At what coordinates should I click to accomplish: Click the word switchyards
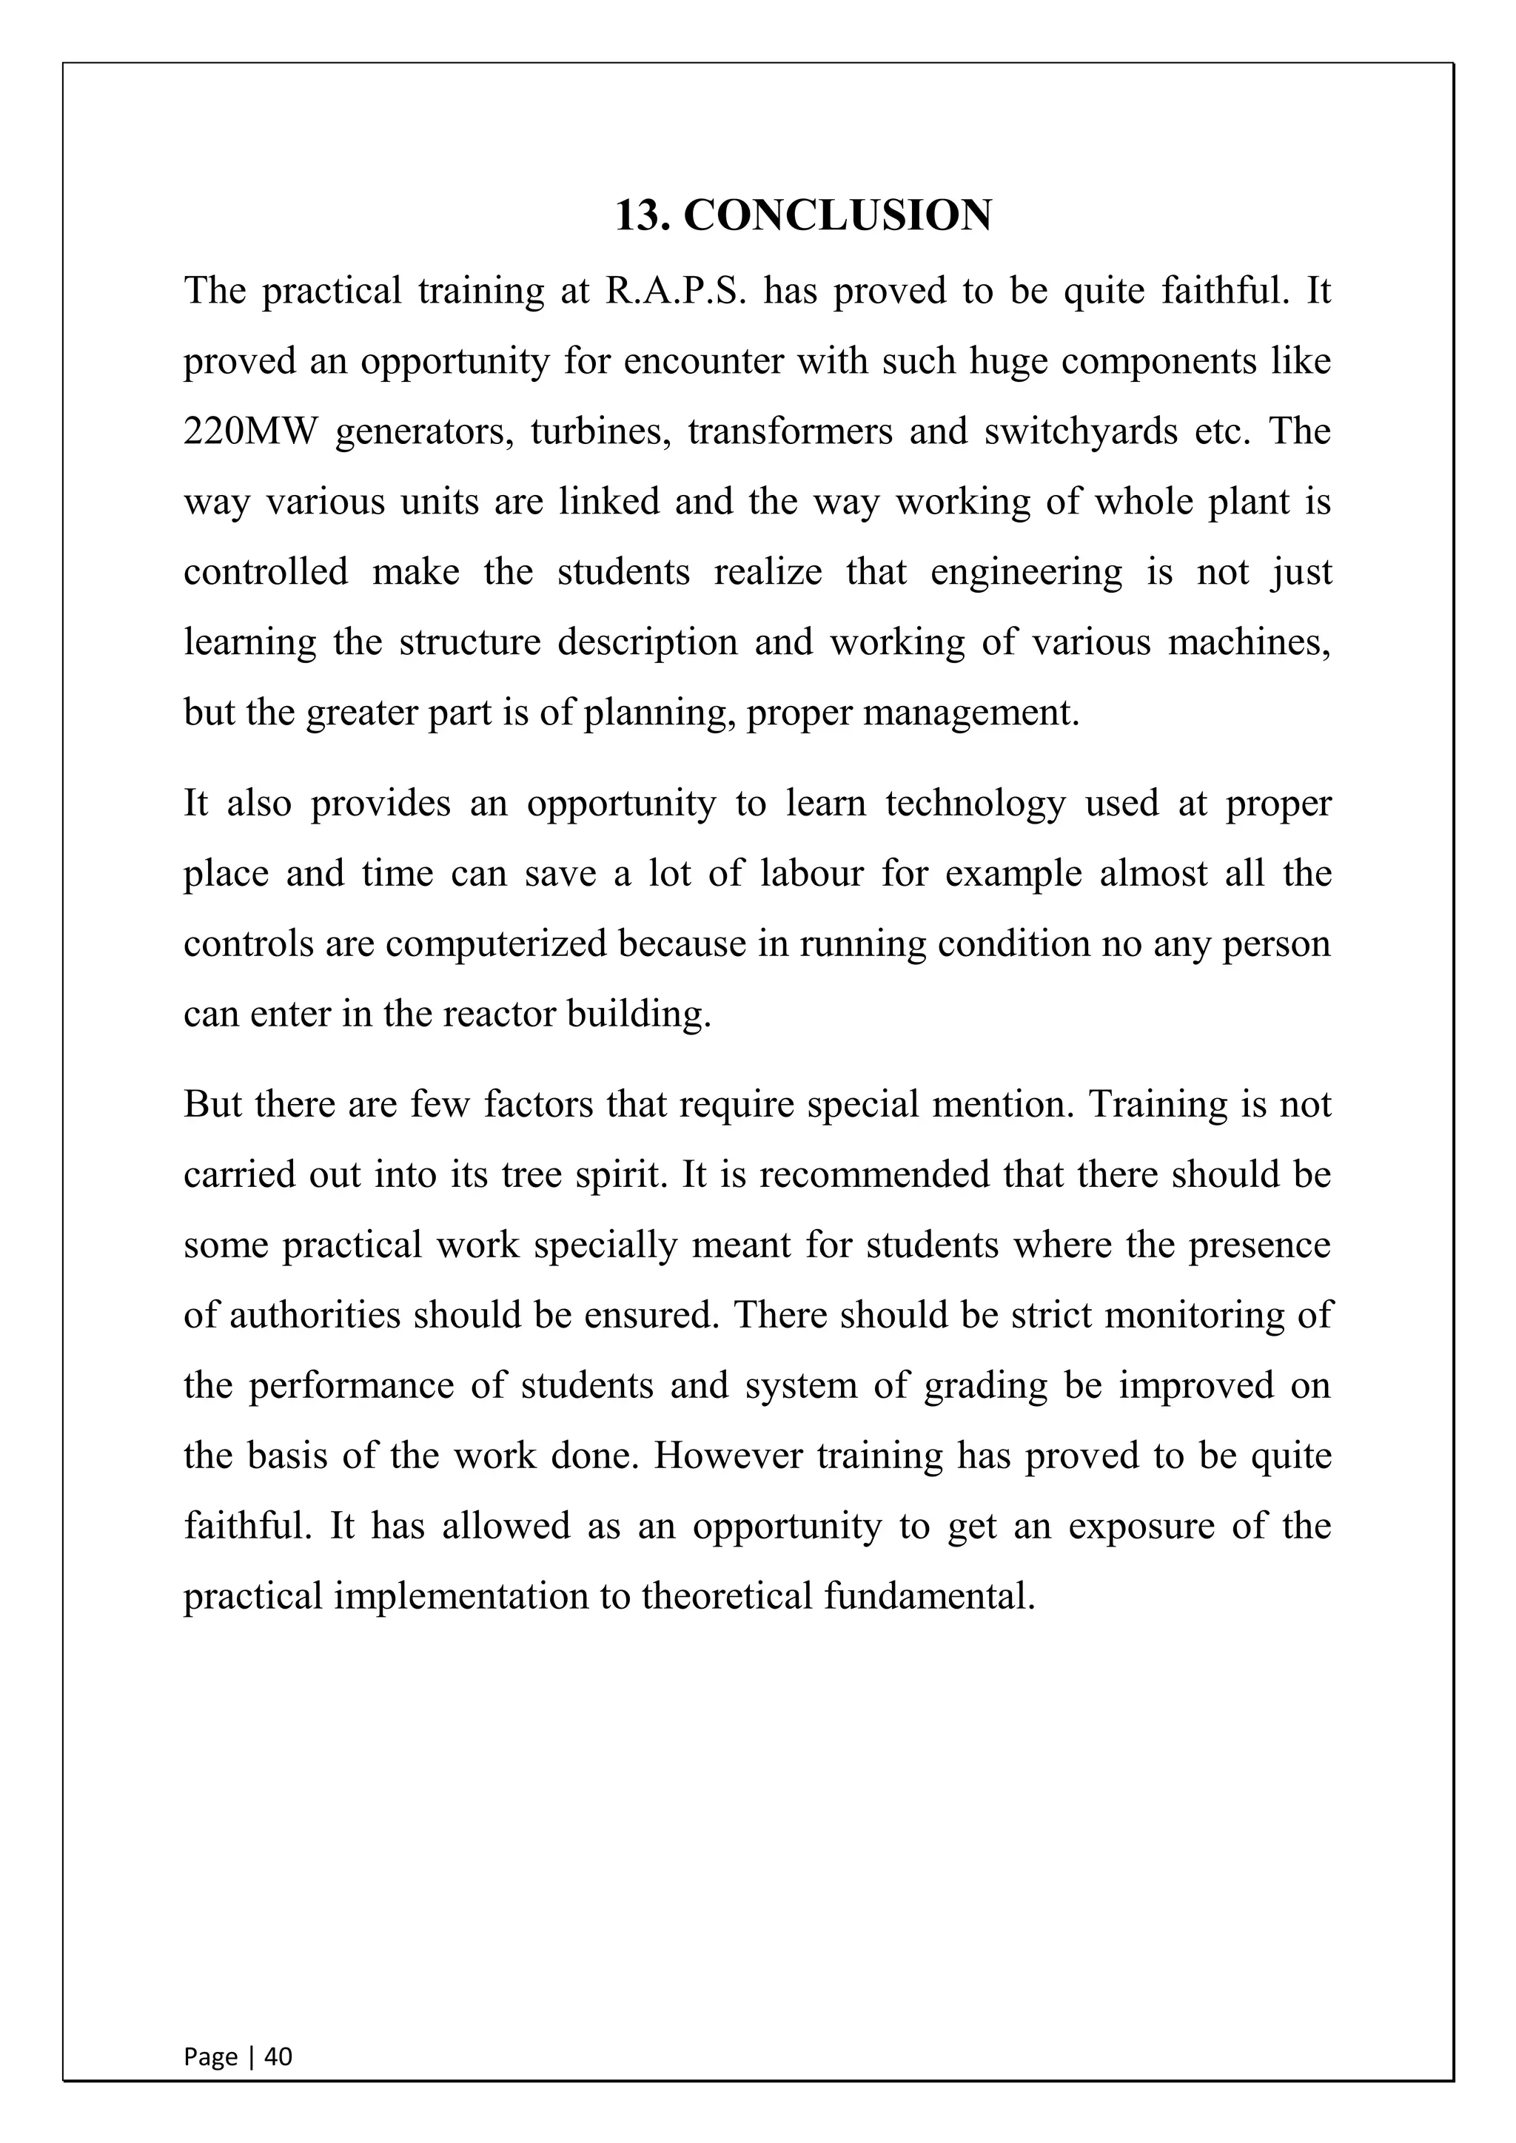click(x=1080, y=432)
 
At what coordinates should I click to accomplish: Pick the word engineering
click(x=1026, y=572)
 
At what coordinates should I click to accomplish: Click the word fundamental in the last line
click(x=929, y=1596)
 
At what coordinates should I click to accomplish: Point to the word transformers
click(x=790, y=432)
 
